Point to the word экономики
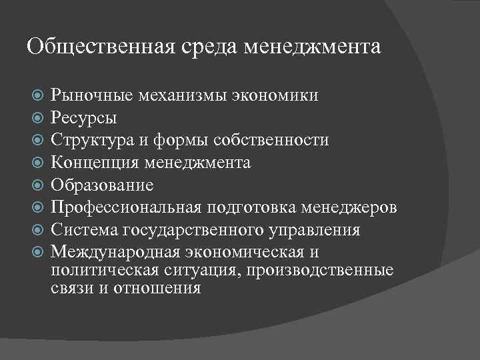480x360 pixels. (276, 95)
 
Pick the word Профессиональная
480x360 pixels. (126, 207)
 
